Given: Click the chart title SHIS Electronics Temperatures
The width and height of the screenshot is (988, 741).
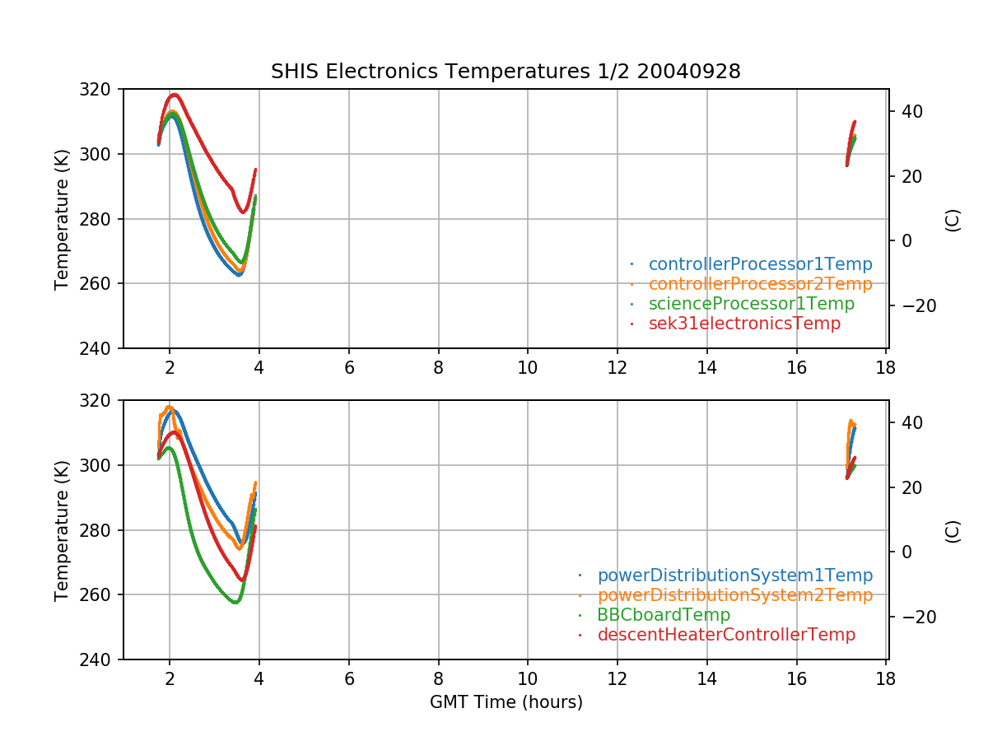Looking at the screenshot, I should click(506, 72).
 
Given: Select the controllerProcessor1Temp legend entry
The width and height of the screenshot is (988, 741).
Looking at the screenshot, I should click(760, 264).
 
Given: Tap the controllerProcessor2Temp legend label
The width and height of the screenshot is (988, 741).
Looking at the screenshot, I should click(760, 284).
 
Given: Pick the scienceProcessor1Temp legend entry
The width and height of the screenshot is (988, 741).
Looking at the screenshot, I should click(751, 304).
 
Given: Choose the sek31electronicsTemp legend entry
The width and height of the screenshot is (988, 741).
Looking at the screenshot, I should click(744, 324).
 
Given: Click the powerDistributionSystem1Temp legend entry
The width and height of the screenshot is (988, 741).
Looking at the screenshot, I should click(734, 576).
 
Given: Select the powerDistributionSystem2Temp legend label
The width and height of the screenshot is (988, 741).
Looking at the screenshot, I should click(734, 595).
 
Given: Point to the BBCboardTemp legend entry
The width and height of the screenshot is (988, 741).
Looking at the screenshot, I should click(664, 615).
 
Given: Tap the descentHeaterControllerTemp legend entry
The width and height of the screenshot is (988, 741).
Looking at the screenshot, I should click(726, 635).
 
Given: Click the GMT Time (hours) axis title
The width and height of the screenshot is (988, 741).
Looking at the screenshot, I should click(506, 702).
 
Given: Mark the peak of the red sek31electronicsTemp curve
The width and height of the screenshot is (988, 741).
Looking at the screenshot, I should click(174, 94).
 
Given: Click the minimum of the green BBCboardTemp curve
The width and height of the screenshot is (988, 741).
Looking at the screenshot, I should click(235, 602).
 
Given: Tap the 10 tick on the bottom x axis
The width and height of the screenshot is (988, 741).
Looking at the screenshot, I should click(528, 679).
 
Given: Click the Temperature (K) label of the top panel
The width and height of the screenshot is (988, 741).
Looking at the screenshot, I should click(62, 218).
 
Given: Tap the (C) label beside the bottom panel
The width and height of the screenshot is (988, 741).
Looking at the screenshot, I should click(953, 530).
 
